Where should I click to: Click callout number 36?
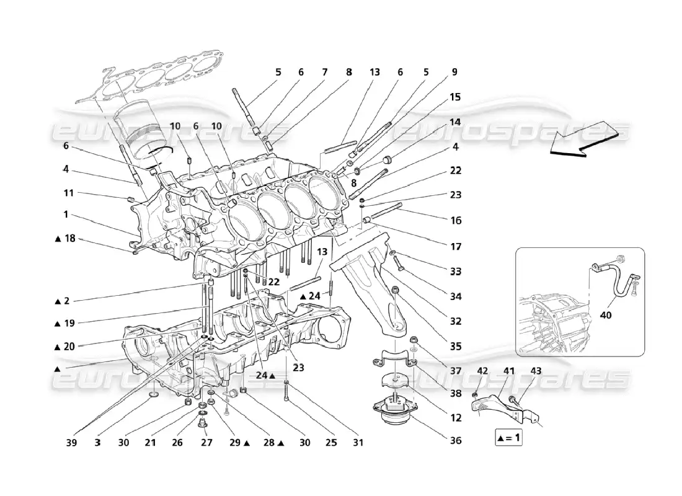(456, 443)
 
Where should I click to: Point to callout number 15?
(455, 97)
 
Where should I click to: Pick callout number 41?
(509, 371)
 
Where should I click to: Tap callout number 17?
(456, 247)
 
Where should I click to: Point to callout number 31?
(358, 443)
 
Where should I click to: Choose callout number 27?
(206, 443)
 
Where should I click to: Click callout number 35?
(456, 347)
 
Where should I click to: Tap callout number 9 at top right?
(454, 72)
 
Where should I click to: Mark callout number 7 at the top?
(324, 72)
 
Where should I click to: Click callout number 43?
(536, 371)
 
